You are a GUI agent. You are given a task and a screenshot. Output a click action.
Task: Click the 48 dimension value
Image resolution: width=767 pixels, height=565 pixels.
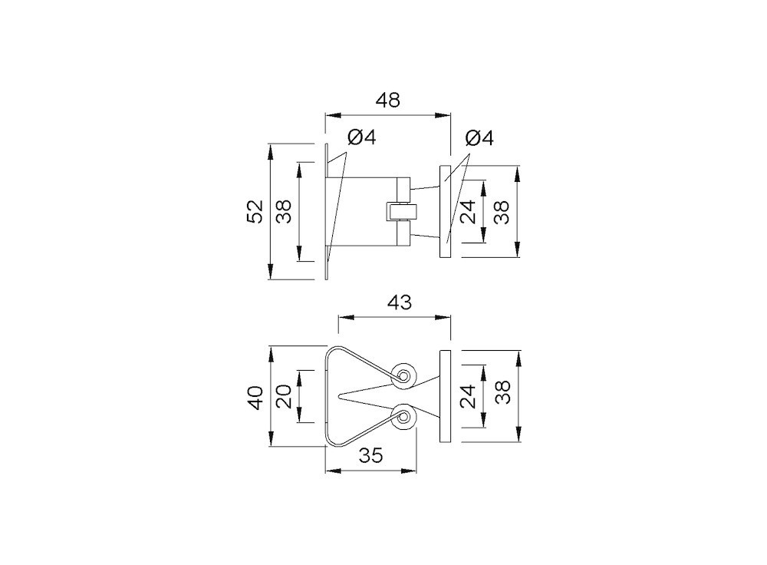point(387,101)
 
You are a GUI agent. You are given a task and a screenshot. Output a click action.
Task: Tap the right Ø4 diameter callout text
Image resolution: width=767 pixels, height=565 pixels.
point(480,139)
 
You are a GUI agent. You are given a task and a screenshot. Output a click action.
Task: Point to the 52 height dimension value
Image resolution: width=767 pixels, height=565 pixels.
point(255,211)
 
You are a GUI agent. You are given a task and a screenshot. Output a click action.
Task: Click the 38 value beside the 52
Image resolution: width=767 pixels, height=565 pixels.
point(284,211)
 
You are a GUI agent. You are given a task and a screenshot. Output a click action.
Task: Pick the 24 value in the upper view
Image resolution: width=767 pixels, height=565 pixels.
point(469,211)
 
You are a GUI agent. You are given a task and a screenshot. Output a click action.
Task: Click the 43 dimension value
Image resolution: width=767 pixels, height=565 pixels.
point(398,303)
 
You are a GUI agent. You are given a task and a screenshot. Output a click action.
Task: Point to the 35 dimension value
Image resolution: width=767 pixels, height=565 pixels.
point(370,456)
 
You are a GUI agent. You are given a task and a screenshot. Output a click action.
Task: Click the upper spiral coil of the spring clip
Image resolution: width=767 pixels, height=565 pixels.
point(404,375)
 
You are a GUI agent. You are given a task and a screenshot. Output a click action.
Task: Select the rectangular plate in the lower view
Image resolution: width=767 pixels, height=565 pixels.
point(445,396)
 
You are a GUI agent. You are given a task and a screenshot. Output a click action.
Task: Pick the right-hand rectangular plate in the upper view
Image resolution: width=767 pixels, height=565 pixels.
point(445,211)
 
